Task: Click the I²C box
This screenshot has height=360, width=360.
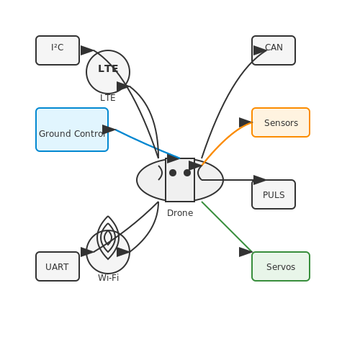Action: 58,50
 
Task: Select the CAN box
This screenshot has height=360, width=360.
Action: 274,50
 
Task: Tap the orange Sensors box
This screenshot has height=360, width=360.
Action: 281,122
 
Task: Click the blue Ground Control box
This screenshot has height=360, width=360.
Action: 72,130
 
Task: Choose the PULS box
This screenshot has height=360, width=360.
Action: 274,194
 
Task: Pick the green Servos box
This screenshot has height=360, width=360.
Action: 281,266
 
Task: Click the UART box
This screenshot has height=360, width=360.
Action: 58,266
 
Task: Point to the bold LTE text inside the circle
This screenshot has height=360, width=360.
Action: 108,68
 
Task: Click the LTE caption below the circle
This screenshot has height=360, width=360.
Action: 108,98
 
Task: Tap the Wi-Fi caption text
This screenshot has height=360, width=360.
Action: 108,278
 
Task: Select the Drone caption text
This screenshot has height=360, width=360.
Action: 180,213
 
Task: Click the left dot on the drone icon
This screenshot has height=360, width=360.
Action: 173,173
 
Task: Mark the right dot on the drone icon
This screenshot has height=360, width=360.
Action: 187,173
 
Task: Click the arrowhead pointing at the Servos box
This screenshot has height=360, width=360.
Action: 246,252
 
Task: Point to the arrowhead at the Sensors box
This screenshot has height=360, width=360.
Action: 246,122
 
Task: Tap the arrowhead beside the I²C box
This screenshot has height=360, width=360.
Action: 87,50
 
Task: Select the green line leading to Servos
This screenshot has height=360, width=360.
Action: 227,227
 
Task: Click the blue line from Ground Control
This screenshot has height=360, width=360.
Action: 148,144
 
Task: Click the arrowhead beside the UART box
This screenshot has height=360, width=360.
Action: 87,252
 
